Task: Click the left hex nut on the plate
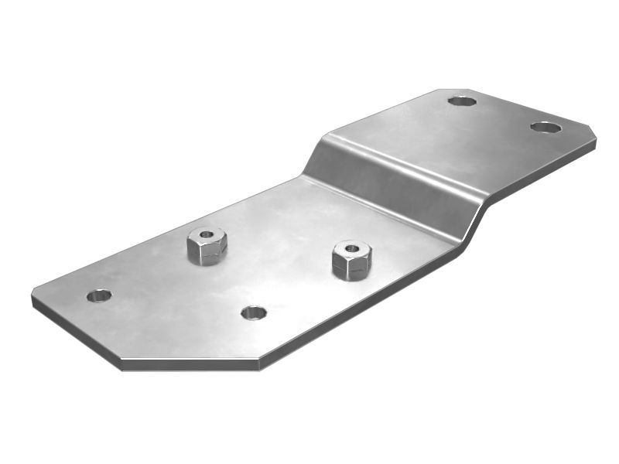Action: [x=207, y=246]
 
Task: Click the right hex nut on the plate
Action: [x=351, y=260]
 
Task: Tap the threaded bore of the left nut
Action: [x=206, y=234]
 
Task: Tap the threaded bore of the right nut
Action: [x=351, y=248]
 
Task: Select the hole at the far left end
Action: [x=99, y=295]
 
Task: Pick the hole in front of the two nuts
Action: [x=253, y=312]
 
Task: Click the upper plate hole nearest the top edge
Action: [x=462, y=101]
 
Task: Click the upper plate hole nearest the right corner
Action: [x=545, y=127]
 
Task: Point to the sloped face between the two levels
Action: [x=387, y=182]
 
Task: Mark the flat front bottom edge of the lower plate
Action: [x=190, y=365]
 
